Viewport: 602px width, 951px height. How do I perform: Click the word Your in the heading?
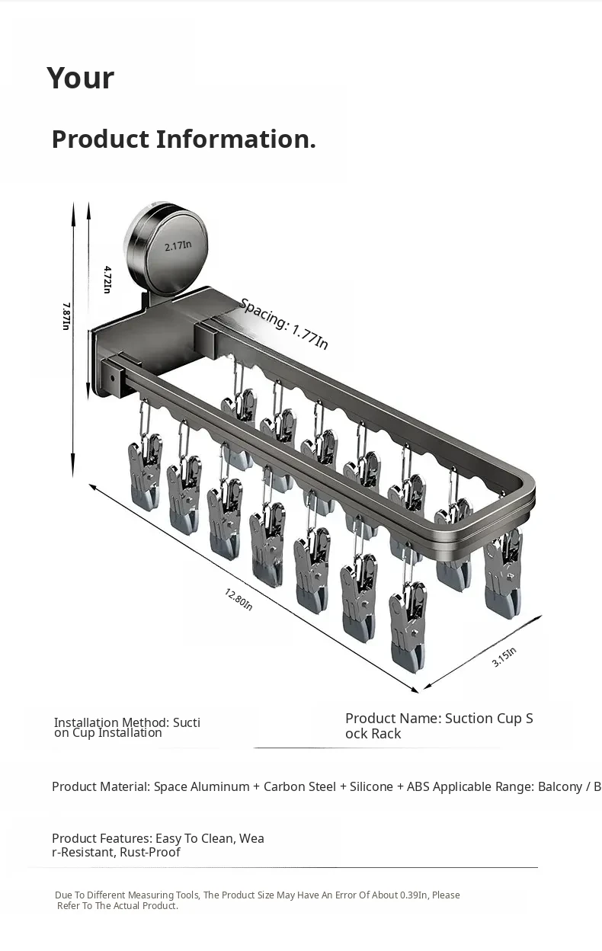81,78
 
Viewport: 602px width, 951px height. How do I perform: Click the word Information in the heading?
235,139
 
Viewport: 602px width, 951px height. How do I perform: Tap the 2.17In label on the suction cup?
178,245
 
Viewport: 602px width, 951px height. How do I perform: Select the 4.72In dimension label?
108,280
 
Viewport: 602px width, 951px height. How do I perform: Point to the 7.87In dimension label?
66,316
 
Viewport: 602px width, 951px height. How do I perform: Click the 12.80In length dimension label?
239,599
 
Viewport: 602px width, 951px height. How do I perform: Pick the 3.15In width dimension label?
504,657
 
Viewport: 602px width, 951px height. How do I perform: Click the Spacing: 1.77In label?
284,324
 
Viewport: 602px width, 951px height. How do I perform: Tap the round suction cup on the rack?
168,248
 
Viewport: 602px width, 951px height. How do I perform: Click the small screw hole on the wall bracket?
113,377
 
